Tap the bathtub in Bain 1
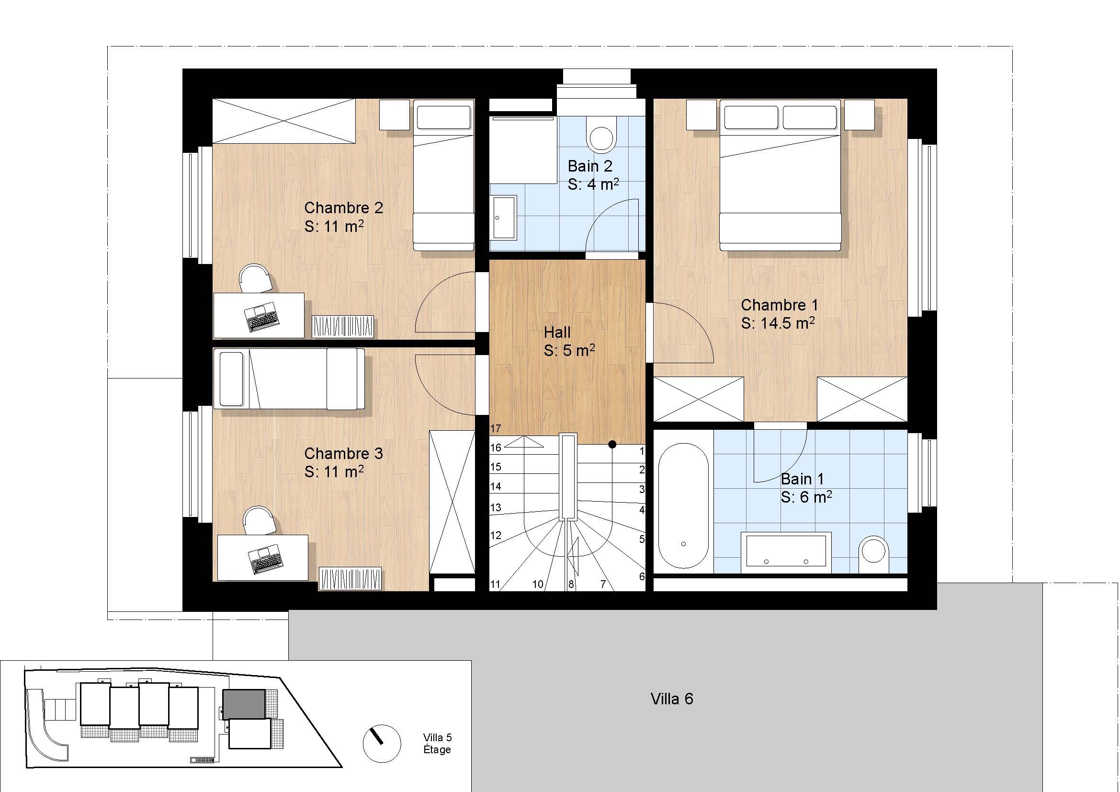683,505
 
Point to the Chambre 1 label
779,305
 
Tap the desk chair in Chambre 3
260,521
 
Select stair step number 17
496,429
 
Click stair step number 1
642,451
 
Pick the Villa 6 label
672,699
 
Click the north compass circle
382,743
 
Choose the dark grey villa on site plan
244,704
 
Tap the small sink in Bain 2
504,218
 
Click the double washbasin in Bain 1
786,552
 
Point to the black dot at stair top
612,444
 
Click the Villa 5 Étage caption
437,744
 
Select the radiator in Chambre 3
350,578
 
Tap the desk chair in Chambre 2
255,278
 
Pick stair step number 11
495,584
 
